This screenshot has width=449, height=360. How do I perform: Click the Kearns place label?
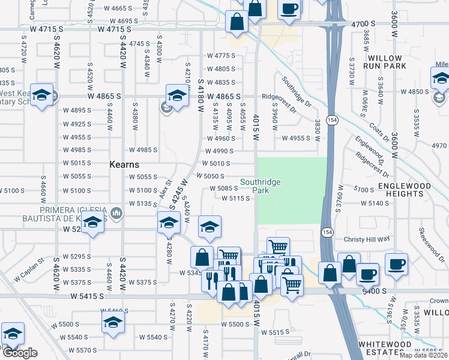coord(124,164)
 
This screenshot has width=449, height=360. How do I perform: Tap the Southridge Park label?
coord(260,186)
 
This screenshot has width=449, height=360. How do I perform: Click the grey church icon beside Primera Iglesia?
coord(116,212)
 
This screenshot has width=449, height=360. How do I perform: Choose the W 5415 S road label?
coord(91,296)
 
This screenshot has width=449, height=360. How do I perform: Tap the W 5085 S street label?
coord(224,188)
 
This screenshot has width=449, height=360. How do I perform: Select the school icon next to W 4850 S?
coord(439,98)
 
